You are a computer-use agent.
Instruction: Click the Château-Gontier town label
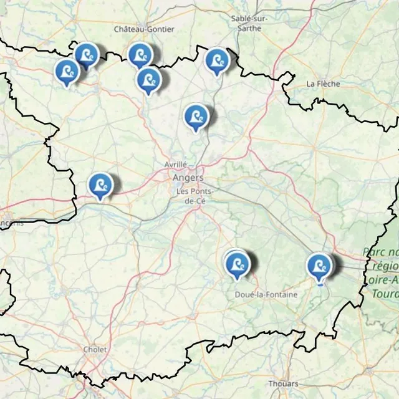[x=144, y=29]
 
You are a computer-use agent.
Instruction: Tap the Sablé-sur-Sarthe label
[x=249, y=22]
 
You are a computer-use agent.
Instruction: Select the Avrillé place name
[x=176, y=164]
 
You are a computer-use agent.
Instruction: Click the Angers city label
[x=188, y=178]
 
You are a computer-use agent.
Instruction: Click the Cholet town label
[x=95, y=350]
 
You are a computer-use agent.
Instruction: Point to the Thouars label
[x=283, y=383]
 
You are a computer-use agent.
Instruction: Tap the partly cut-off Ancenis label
[x=11, y=223]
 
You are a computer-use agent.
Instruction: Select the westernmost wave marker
[x=66, y=71]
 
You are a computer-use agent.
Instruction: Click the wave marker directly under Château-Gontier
[x=140, y=55]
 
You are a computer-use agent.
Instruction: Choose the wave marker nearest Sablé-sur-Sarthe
[x=217, y=60]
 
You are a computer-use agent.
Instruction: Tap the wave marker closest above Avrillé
[x=196, y=116]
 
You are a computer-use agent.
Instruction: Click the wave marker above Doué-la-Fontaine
[x=237, y=264]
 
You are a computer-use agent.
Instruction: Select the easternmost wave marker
[x=319, y=265]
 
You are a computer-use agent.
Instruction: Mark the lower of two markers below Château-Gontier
[x=148, y=80]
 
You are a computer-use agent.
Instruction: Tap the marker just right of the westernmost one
[x=87, y=55]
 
